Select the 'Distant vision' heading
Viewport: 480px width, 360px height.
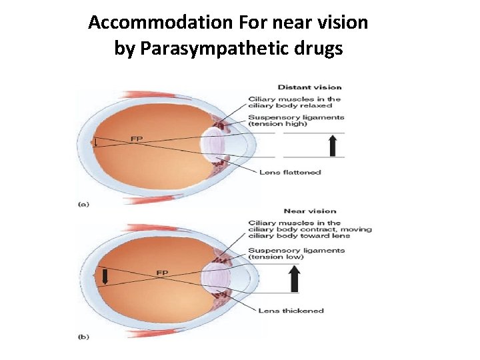point(309,87)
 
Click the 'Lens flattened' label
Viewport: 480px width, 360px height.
point(290,172)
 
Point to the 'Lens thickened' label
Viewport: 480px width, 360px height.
point(291,311)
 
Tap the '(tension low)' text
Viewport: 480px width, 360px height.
point(276,257)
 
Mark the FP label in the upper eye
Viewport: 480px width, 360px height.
point(136,139)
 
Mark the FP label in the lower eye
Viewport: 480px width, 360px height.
point(162,273)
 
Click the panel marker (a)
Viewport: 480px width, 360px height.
point(83,205)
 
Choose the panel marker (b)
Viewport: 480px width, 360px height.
point(83,337)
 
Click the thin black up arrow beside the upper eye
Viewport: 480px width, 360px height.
point(332,145)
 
